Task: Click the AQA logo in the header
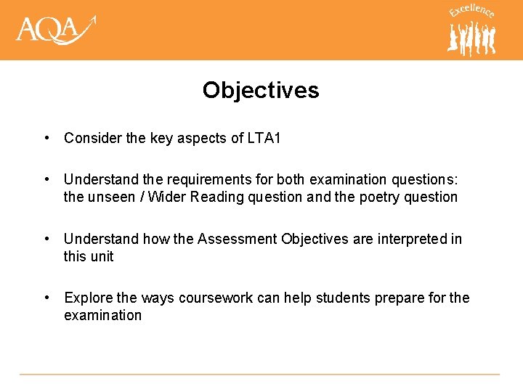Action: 55,30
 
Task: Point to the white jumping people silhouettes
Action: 471,38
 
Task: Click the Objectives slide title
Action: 261,90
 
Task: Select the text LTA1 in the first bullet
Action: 264,138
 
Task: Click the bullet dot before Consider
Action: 46,138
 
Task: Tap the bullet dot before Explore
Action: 46,298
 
